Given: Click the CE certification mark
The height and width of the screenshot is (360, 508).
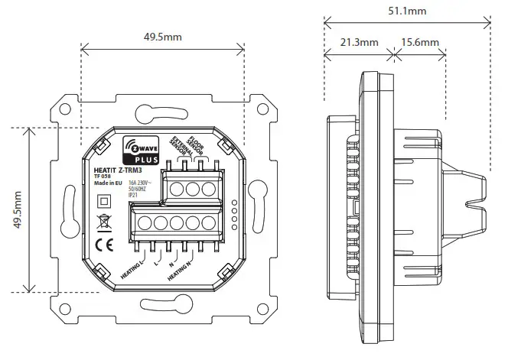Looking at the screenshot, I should point(104,245).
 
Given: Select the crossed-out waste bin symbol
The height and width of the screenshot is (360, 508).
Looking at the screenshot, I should point(103,223).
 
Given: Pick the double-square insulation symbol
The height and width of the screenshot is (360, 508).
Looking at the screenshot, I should point(103,201).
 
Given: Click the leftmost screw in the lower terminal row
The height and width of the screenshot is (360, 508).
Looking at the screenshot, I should point(146,223).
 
